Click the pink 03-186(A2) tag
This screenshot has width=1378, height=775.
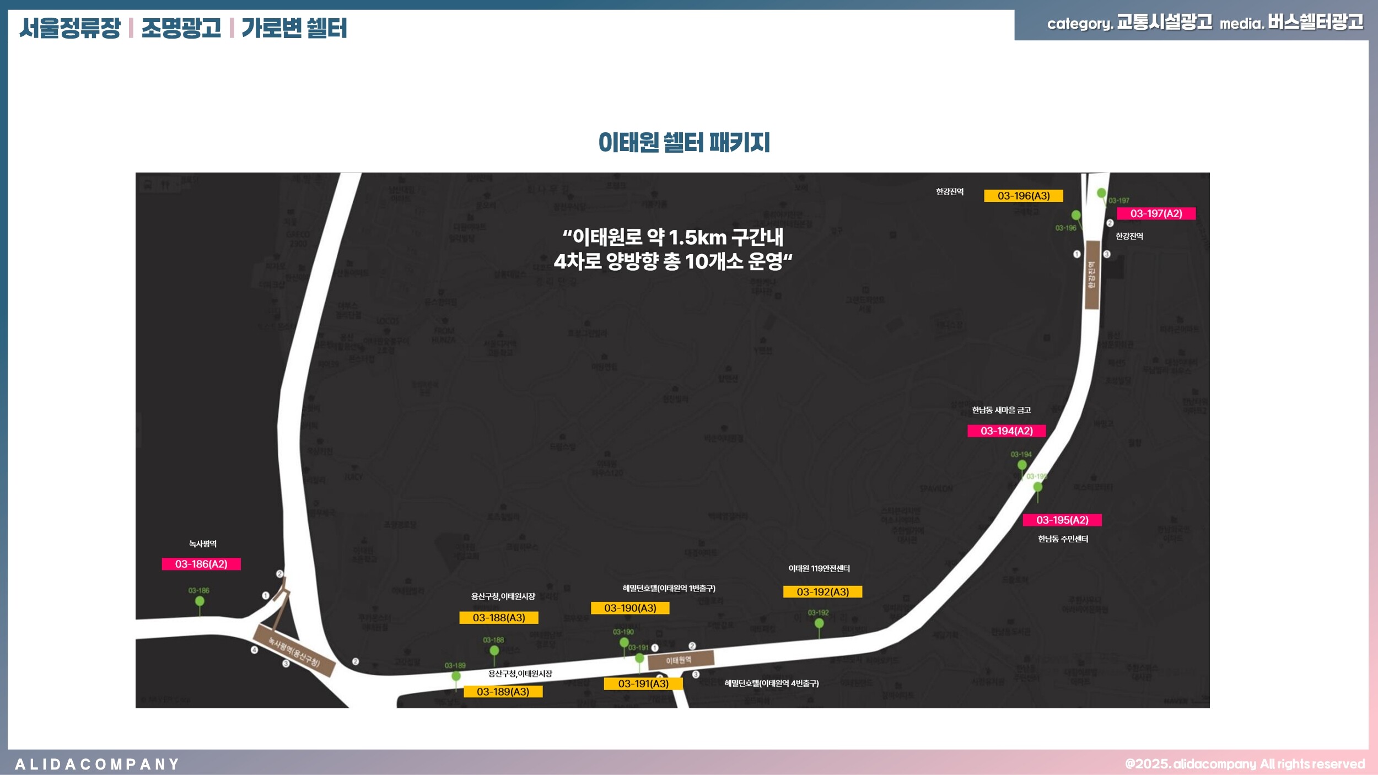coord(201,564)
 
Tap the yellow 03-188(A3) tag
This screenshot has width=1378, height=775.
coord(499,618)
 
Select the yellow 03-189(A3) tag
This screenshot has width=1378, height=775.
coord(503,692)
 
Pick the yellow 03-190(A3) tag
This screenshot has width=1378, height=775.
coord(630,608)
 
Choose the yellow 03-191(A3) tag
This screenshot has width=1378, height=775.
coord(643,683)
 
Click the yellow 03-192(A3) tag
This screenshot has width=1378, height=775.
coord(822,592)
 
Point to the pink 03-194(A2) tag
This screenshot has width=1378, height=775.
coord(1006,431)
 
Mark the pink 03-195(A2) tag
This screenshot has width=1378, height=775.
coord(1062,520)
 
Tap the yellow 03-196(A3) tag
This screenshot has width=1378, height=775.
coord(1024,196)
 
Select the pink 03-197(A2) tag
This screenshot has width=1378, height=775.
coord(1156,213)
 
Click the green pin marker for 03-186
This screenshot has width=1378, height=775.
coord(200,601)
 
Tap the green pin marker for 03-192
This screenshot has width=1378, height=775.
coord(819,623)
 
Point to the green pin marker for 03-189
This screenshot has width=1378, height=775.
coord(456,676)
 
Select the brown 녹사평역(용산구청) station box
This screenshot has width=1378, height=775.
coord(294,650)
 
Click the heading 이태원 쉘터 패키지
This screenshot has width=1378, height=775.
coord(684,142)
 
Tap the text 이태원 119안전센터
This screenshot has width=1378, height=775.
coord(819,568)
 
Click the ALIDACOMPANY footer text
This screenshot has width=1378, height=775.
coord(97,765)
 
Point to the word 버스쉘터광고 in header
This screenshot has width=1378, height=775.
coord(1315,22)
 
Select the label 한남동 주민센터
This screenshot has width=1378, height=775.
coord(1063,539)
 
